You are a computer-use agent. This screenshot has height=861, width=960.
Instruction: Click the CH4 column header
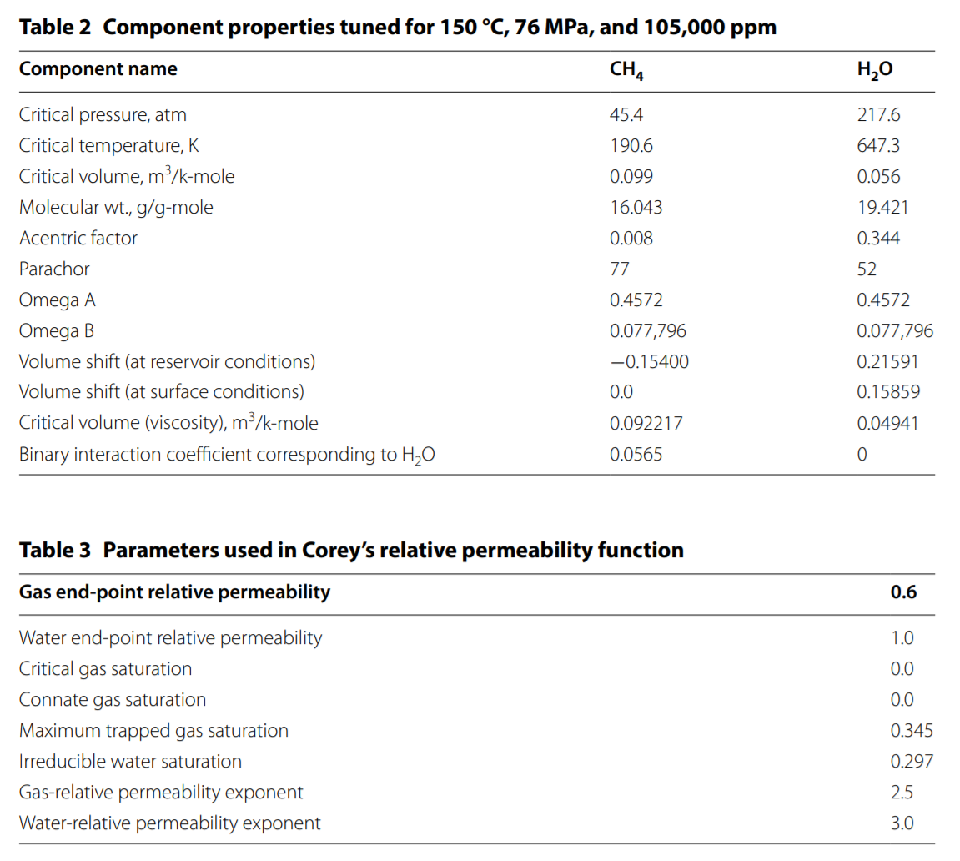pyautogui.click(x=626, y=70)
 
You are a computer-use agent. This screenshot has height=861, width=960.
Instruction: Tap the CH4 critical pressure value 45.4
pyautogui.click(x=626, y=114)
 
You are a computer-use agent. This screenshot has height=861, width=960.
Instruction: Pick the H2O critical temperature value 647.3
pyautogui.click(x=878, y=146)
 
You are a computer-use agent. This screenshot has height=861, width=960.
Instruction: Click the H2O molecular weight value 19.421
pyautogui.click(x=882, y=208)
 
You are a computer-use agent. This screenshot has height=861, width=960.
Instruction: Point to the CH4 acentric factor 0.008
pyautogui.click(x=631, y=239)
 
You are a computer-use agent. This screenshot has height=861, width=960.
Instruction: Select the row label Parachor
pyautogui.click(x=54, y=269)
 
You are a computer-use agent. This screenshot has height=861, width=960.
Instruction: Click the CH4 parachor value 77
pyautogui.click(x=620, y=269)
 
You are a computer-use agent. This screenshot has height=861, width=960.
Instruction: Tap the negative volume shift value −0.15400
pyautogui.click(x=650, y=361)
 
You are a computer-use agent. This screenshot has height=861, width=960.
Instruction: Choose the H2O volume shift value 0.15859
pyautogui.click(x=888, y=392)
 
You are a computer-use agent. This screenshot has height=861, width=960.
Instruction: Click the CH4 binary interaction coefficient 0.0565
pyautogui.click(x=636, y=455)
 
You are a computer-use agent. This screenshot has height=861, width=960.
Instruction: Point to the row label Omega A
pyautogui.click(x=58, y=300)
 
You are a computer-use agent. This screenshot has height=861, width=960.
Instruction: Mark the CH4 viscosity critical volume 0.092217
pyautogui.click(x=646, y=423)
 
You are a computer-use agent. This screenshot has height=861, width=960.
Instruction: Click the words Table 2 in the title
pyautogui.click(x=55, y=27)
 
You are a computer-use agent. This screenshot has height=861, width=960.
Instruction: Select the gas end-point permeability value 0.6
pyautogui.click(x=903, y=592)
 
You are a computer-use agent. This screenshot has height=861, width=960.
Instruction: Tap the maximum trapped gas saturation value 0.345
pyautogui.click(x=912, y=731)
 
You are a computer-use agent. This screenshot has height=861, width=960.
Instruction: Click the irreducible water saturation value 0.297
pyautogui.click(x=912, y=761)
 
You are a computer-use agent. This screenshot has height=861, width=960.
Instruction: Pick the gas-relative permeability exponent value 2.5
pyautogui.click(x=902, y=793)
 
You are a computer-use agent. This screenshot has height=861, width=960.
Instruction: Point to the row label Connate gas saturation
pyautogui.click(x=113, y=700)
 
